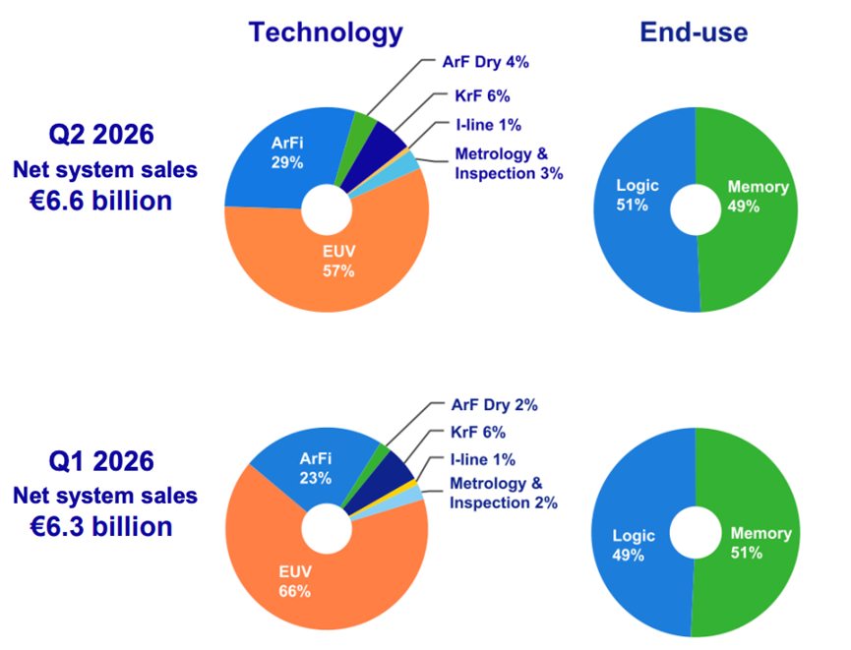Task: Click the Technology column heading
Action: (x=326, y=33)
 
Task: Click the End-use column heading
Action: (x=694, y=32)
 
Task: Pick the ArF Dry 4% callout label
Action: (x=485, y=62)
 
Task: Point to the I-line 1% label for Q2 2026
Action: (x=488, y=125)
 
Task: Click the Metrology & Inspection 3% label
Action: (x=509, y=163)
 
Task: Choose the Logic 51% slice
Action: (x=640, y=217)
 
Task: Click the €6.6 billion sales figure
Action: (x=101, y=201)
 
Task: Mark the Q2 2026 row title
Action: (x=101, y=134)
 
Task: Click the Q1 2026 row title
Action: (x=101, y=461)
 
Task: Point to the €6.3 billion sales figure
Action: (x=101, y=527)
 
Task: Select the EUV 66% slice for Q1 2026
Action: (x=304, y=575)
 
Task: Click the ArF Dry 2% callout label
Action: (x=495, y=405)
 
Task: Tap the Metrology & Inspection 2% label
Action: (x=504, y=493)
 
